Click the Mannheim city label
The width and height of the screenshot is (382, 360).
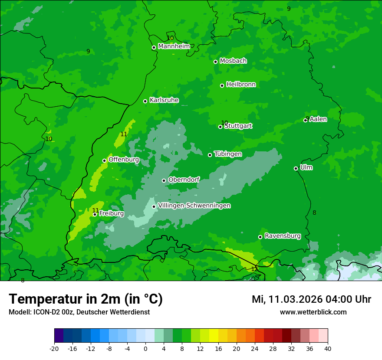pyautogui.click(x=174, y=46)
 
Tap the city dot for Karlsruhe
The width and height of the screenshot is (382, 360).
pyautogui.click(x=145, y=101)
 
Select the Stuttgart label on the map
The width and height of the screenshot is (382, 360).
pyautogui.click(x=238, y=126)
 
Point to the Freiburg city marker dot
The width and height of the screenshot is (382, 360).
pyautogui.click(x=95, y=214)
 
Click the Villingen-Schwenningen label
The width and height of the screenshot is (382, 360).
pyautogui.click(x=194, y=206)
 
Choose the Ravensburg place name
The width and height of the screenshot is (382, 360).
pyautogui.click(x=282, y=236)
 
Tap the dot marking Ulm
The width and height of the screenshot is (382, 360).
pyautogui.click(x=296, y=168)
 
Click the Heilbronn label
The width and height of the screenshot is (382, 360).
pyautogui.click(x=241, y=85)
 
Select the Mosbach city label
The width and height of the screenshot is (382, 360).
pyautogui.click(x=233, y=61)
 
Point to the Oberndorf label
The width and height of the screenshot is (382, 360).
pyautogui.click(x=184, y=180)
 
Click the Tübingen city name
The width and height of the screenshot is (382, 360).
pyautogui.click(x=228, y=154)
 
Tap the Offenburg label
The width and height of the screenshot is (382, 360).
pyautogui.click(x=124, y=160)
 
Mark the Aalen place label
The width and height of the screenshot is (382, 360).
pyautogui.click(x=318, y=119)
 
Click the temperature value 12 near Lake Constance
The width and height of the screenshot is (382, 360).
pyautogui.click(x=254, y=269)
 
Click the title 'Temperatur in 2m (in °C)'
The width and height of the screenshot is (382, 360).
pyautogui.click(x=86, y=299)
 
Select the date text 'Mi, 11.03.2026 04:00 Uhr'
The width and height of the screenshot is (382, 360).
pyautogui.click(x=311, y=299)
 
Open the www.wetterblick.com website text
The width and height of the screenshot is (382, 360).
pyautogui.click(x=313, y=312)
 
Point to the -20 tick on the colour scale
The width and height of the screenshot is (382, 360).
pyautogui.click(x=54, y=348)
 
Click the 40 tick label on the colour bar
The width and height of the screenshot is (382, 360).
pyautogui.click(x=327, y=348)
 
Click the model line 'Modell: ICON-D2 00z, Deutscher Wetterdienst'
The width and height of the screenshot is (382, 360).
pyautogui.click(x=79, y=312)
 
